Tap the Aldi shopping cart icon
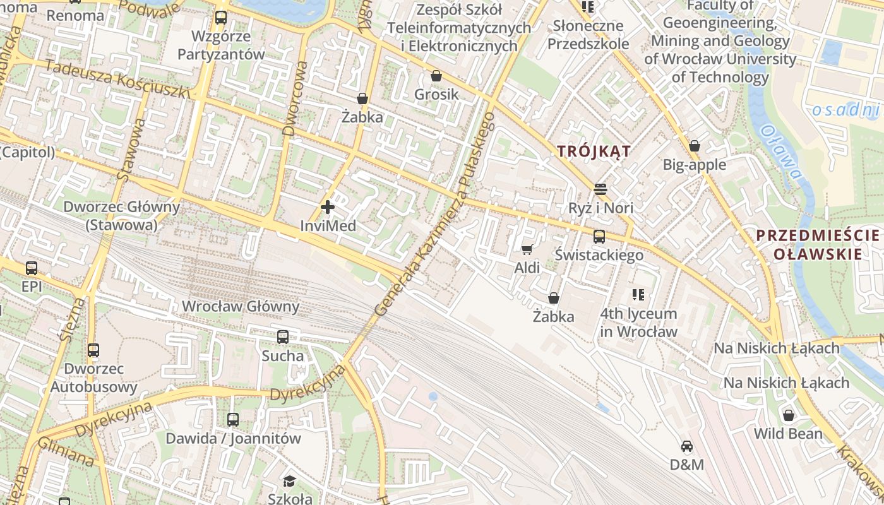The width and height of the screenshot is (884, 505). [527, 249]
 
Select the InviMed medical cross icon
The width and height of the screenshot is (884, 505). [328, 206]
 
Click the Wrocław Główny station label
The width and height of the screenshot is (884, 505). [241, 307]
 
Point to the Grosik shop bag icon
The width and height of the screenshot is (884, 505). [436, 76]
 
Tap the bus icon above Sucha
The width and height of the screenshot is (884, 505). [283, 337]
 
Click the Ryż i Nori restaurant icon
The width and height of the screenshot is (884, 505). [600, 189]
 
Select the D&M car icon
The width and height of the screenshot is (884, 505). [687, 446]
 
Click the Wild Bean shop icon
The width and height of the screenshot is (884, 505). [788, 415]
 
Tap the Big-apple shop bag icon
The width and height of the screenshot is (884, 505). [695, 146]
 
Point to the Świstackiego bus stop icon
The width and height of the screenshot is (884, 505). [599, 237]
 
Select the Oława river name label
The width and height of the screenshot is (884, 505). [781, 155]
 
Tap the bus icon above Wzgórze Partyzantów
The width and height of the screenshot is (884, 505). [221, 18]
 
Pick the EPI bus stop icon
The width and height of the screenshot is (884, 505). [32, 268]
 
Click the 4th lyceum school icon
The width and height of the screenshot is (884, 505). [638, 295]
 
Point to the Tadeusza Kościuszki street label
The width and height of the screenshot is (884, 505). [117, 80]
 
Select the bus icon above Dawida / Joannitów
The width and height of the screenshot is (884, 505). [233, 419]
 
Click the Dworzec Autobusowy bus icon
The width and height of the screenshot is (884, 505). [93, 350]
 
